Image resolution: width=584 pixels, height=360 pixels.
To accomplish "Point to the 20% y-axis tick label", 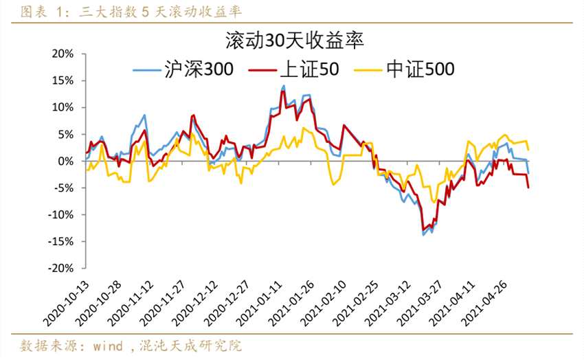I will tap(64, 54).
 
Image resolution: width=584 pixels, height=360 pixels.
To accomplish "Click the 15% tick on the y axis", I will tap(64, 80).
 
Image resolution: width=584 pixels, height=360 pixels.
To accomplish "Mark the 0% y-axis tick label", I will tap(67, 161).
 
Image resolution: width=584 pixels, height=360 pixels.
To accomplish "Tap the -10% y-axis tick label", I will tap(63, 214).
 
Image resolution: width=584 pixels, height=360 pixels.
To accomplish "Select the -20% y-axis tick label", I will tap(63, 268).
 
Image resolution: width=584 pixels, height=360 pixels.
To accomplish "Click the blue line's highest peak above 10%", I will tap(284, 86).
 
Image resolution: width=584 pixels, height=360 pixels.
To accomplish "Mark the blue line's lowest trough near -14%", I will tap(423, 235).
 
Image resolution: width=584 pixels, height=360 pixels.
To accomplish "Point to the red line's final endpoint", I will tap(528, 188).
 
